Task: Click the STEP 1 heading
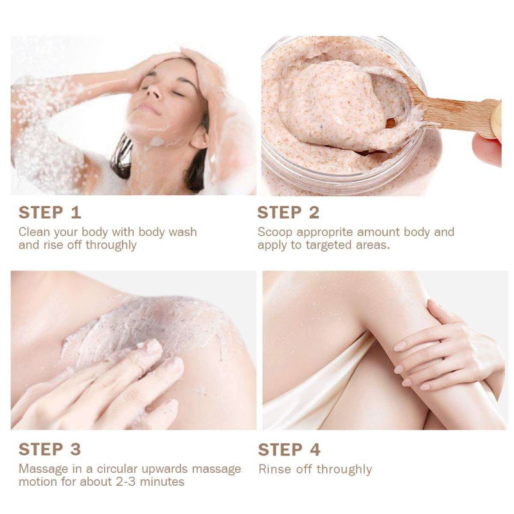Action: (x=50, y=213)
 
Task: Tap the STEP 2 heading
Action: (x=288, y=213)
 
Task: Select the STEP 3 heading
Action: (x=50, y=449)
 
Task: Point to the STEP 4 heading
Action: (x=289, y=449)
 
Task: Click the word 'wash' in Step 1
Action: (x=182, y=232)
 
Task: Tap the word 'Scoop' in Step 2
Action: (x=275, y=233)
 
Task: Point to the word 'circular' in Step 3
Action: (x=117, y=469)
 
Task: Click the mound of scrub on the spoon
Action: (x=341, y=105)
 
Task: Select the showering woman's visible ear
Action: (x=199, y=139)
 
